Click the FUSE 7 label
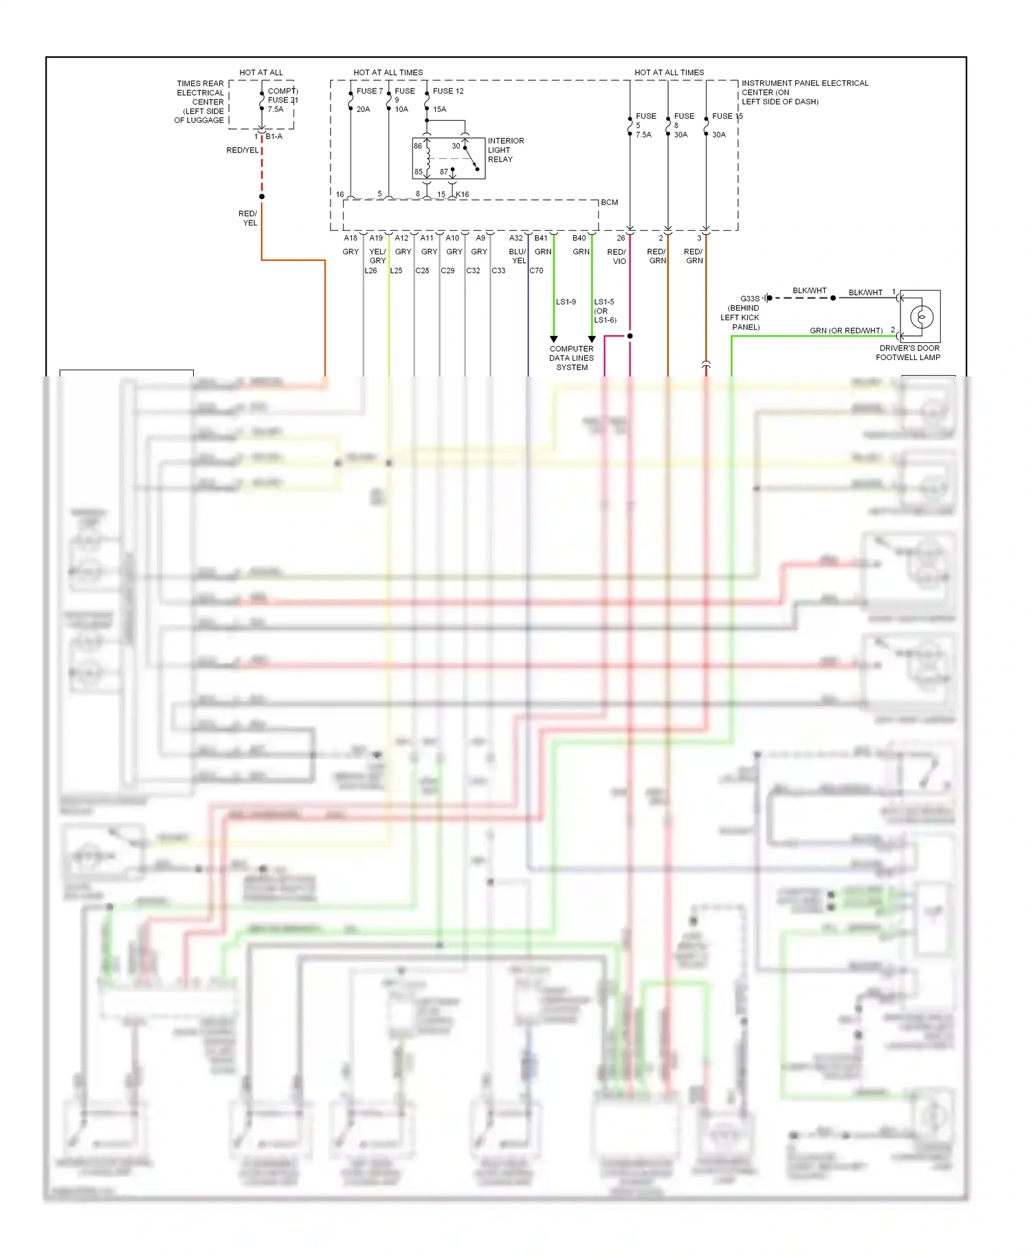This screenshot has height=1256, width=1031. tap(369, 91)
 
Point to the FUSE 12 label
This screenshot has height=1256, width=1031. tap(448, 91)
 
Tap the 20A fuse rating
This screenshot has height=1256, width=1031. tap(363, 109)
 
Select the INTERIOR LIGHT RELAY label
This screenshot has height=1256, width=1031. tap(505, 150)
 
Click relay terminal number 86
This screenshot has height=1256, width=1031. tap(418, 146)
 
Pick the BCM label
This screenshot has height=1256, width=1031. tap(609, 203)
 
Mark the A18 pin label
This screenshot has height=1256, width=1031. tap(351, 238)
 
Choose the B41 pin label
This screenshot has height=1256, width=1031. tap(541, 238)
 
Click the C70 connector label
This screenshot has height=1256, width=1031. tap(536, 271)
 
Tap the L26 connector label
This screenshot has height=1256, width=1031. tap(370, 271)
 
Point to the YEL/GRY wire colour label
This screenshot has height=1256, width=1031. tap(377, 256)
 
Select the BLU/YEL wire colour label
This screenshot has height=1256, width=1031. tap(518, 256)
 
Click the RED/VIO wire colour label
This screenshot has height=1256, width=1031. tap(617, 256)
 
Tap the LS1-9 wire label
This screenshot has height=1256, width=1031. tap(566, 302)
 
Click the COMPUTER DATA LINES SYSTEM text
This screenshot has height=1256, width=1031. tap(571, 358)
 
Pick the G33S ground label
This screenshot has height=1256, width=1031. tap(750, 299)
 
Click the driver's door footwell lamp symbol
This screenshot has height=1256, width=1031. tap(921, 317)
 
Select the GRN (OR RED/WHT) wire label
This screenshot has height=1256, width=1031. tap(846, 330)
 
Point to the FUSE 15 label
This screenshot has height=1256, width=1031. tap(727, 116)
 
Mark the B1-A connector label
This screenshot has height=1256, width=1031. tap(274, 137)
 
